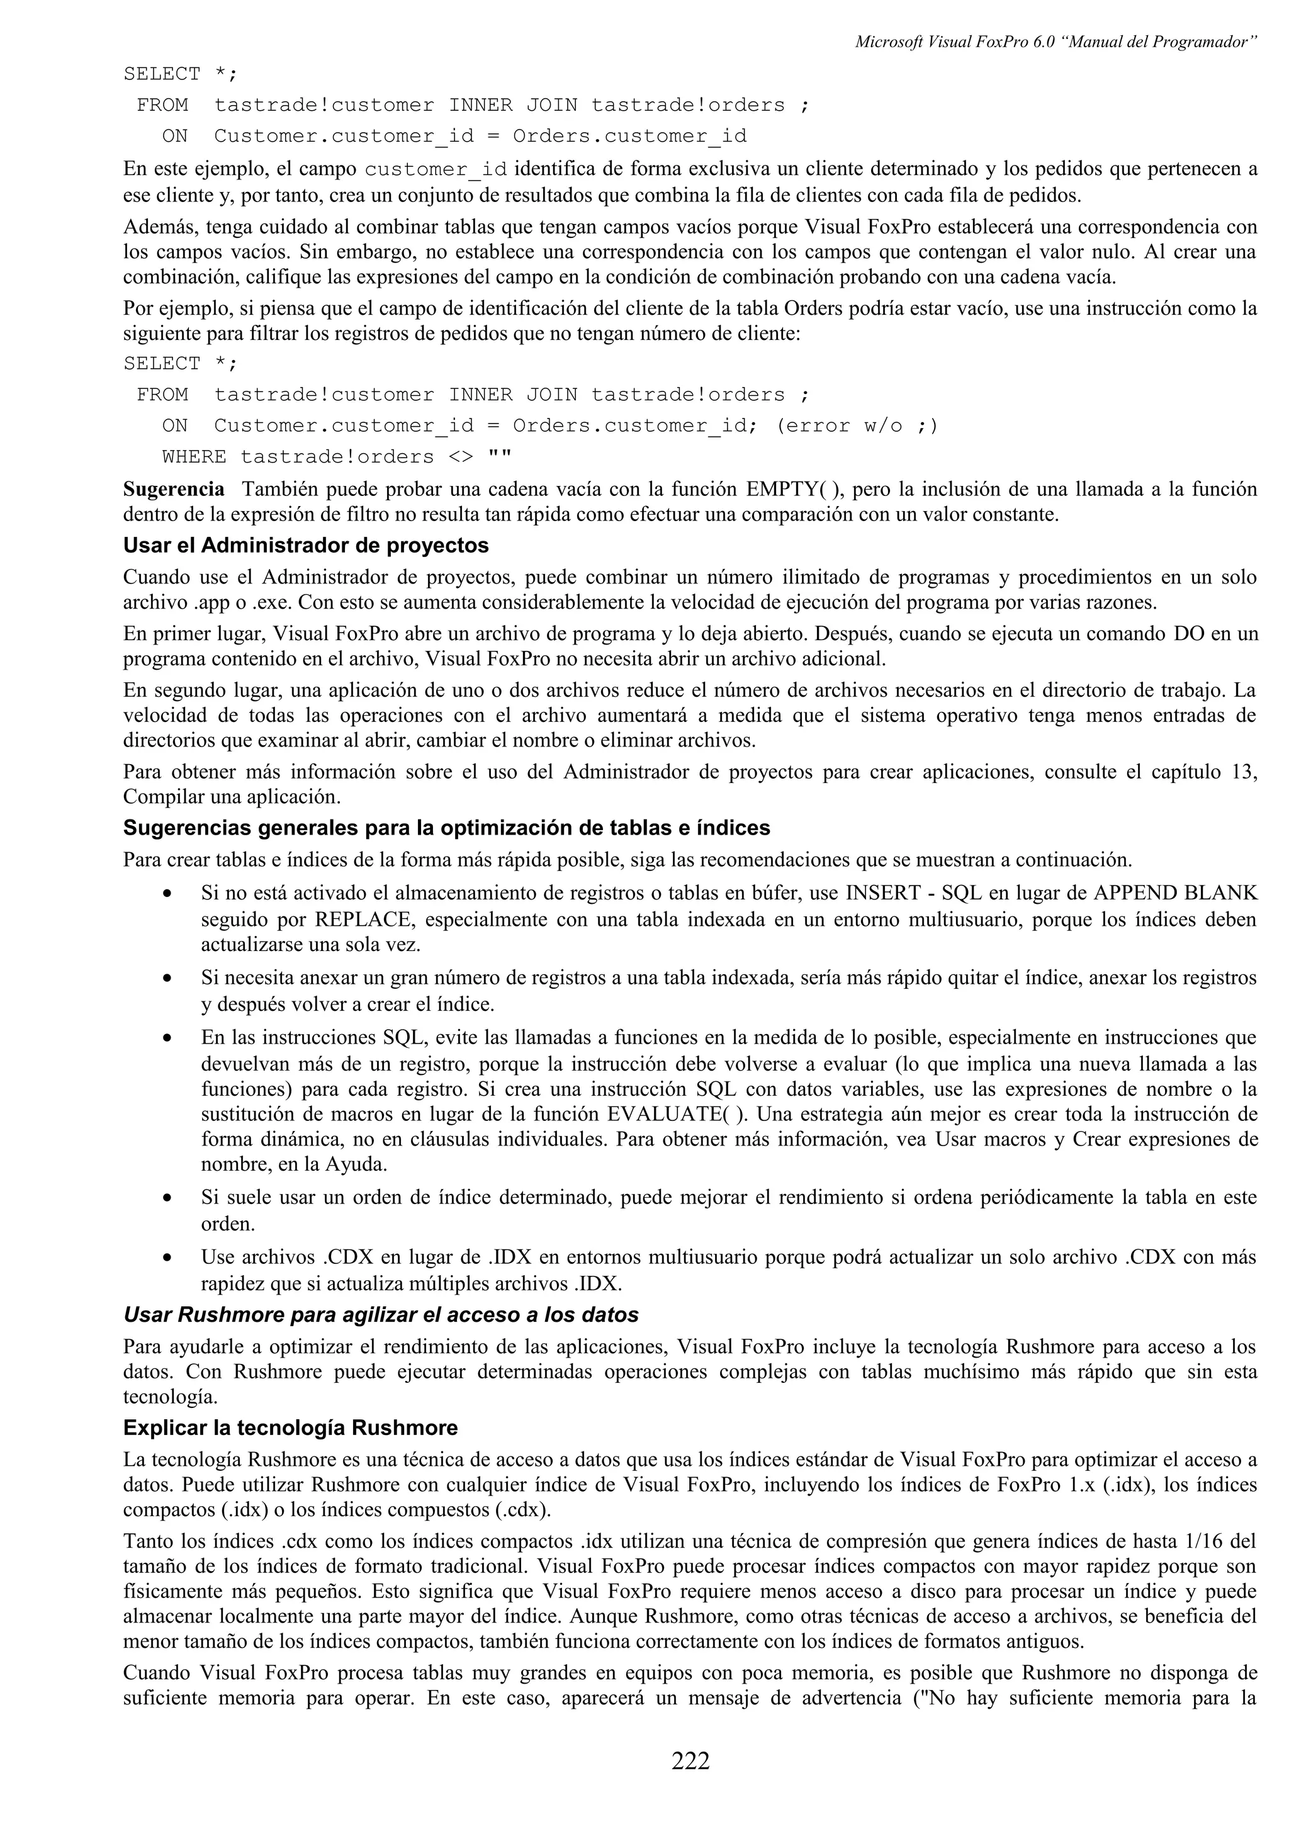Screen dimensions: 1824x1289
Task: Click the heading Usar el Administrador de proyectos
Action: [306, 545]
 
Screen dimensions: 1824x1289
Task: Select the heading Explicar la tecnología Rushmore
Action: [290, 1427]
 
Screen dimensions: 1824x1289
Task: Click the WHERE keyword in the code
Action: [194, 457]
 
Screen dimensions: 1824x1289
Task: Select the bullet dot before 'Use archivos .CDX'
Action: [167, 1258]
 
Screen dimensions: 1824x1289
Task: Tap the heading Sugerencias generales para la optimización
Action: [446, 828]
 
